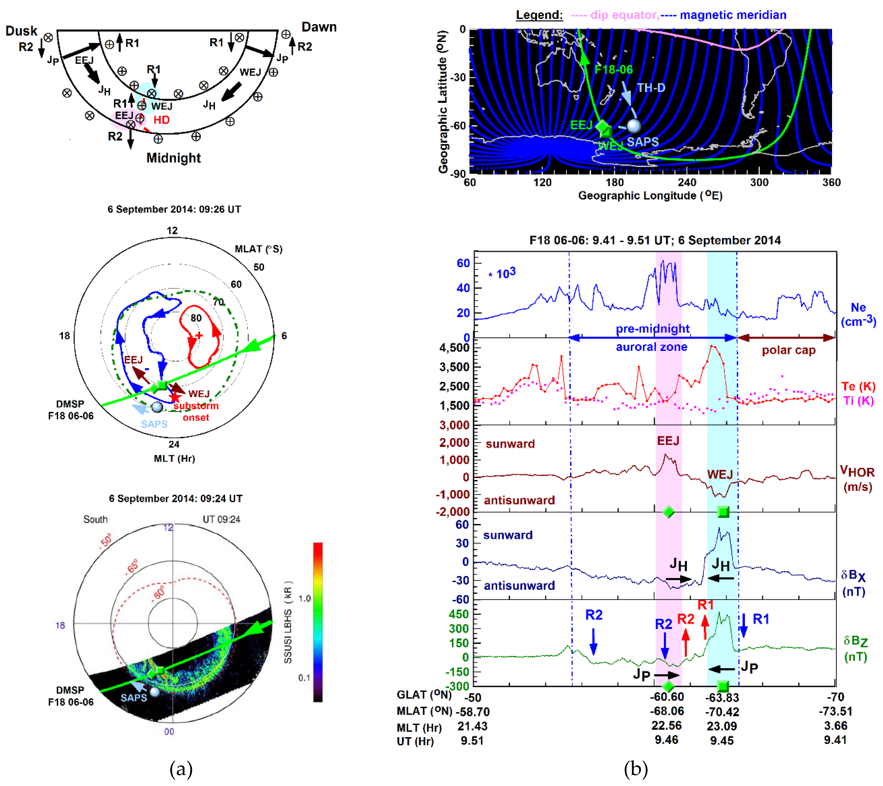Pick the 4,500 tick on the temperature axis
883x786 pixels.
click(454, 348)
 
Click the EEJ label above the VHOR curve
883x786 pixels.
click(668, 441)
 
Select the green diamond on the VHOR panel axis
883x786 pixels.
click(668, 512)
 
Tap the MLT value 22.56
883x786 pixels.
click(666, 726)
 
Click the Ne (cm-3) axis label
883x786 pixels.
click(858, 314)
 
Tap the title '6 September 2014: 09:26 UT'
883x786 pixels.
click(174, 209)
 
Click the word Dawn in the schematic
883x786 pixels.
click(319, 27)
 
